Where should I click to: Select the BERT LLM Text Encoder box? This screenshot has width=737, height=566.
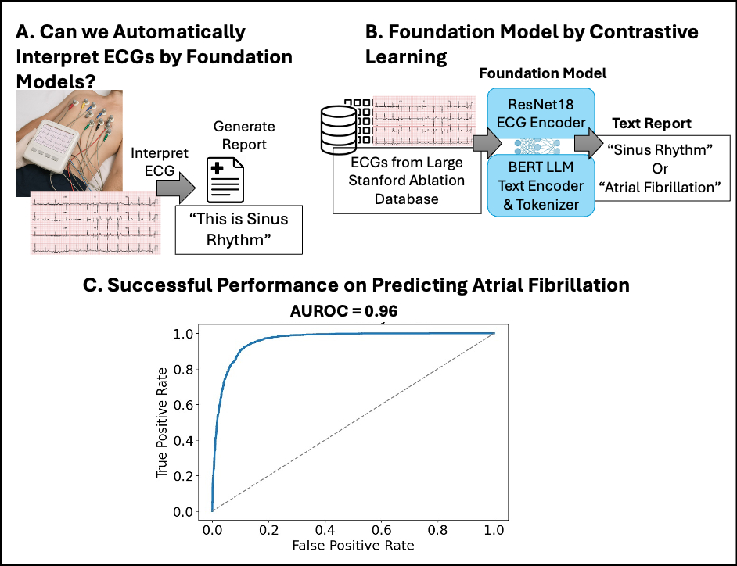(x=541, y=185)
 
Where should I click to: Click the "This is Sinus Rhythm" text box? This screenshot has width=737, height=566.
(x=239, y=231)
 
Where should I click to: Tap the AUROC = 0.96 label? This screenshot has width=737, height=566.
(x=343, y=310)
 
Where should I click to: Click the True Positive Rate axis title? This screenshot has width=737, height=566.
(x=162, y=422)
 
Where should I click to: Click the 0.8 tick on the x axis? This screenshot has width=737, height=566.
(x=437, y=528)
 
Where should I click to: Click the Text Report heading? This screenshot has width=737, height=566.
(x=652, y=124)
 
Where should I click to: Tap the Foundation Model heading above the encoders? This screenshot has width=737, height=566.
(x=543, y=73)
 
